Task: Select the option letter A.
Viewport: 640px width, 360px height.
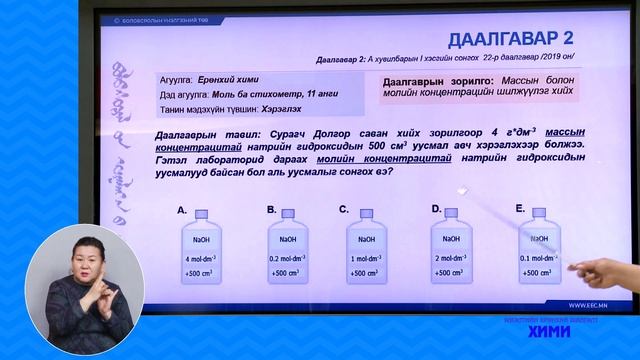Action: (x=182, y=210)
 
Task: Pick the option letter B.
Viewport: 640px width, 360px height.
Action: (x=271, y=210)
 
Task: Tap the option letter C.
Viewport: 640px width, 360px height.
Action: (x=343, y=210)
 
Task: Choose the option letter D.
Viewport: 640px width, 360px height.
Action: (x=436, y=209)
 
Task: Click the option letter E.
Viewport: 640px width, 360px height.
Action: (x=520, y=209)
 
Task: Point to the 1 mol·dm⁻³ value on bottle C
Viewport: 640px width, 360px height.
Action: (x=366, y=258)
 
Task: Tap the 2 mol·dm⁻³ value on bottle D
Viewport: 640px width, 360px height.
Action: (x=450, y=258)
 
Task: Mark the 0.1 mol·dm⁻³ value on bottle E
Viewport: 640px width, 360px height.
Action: (x=538, y=258)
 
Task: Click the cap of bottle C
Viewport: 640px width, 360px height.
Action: (x=366, y=215)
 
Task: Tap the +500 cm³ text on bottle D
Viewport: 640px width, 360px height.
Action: (x=450, y=272)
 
